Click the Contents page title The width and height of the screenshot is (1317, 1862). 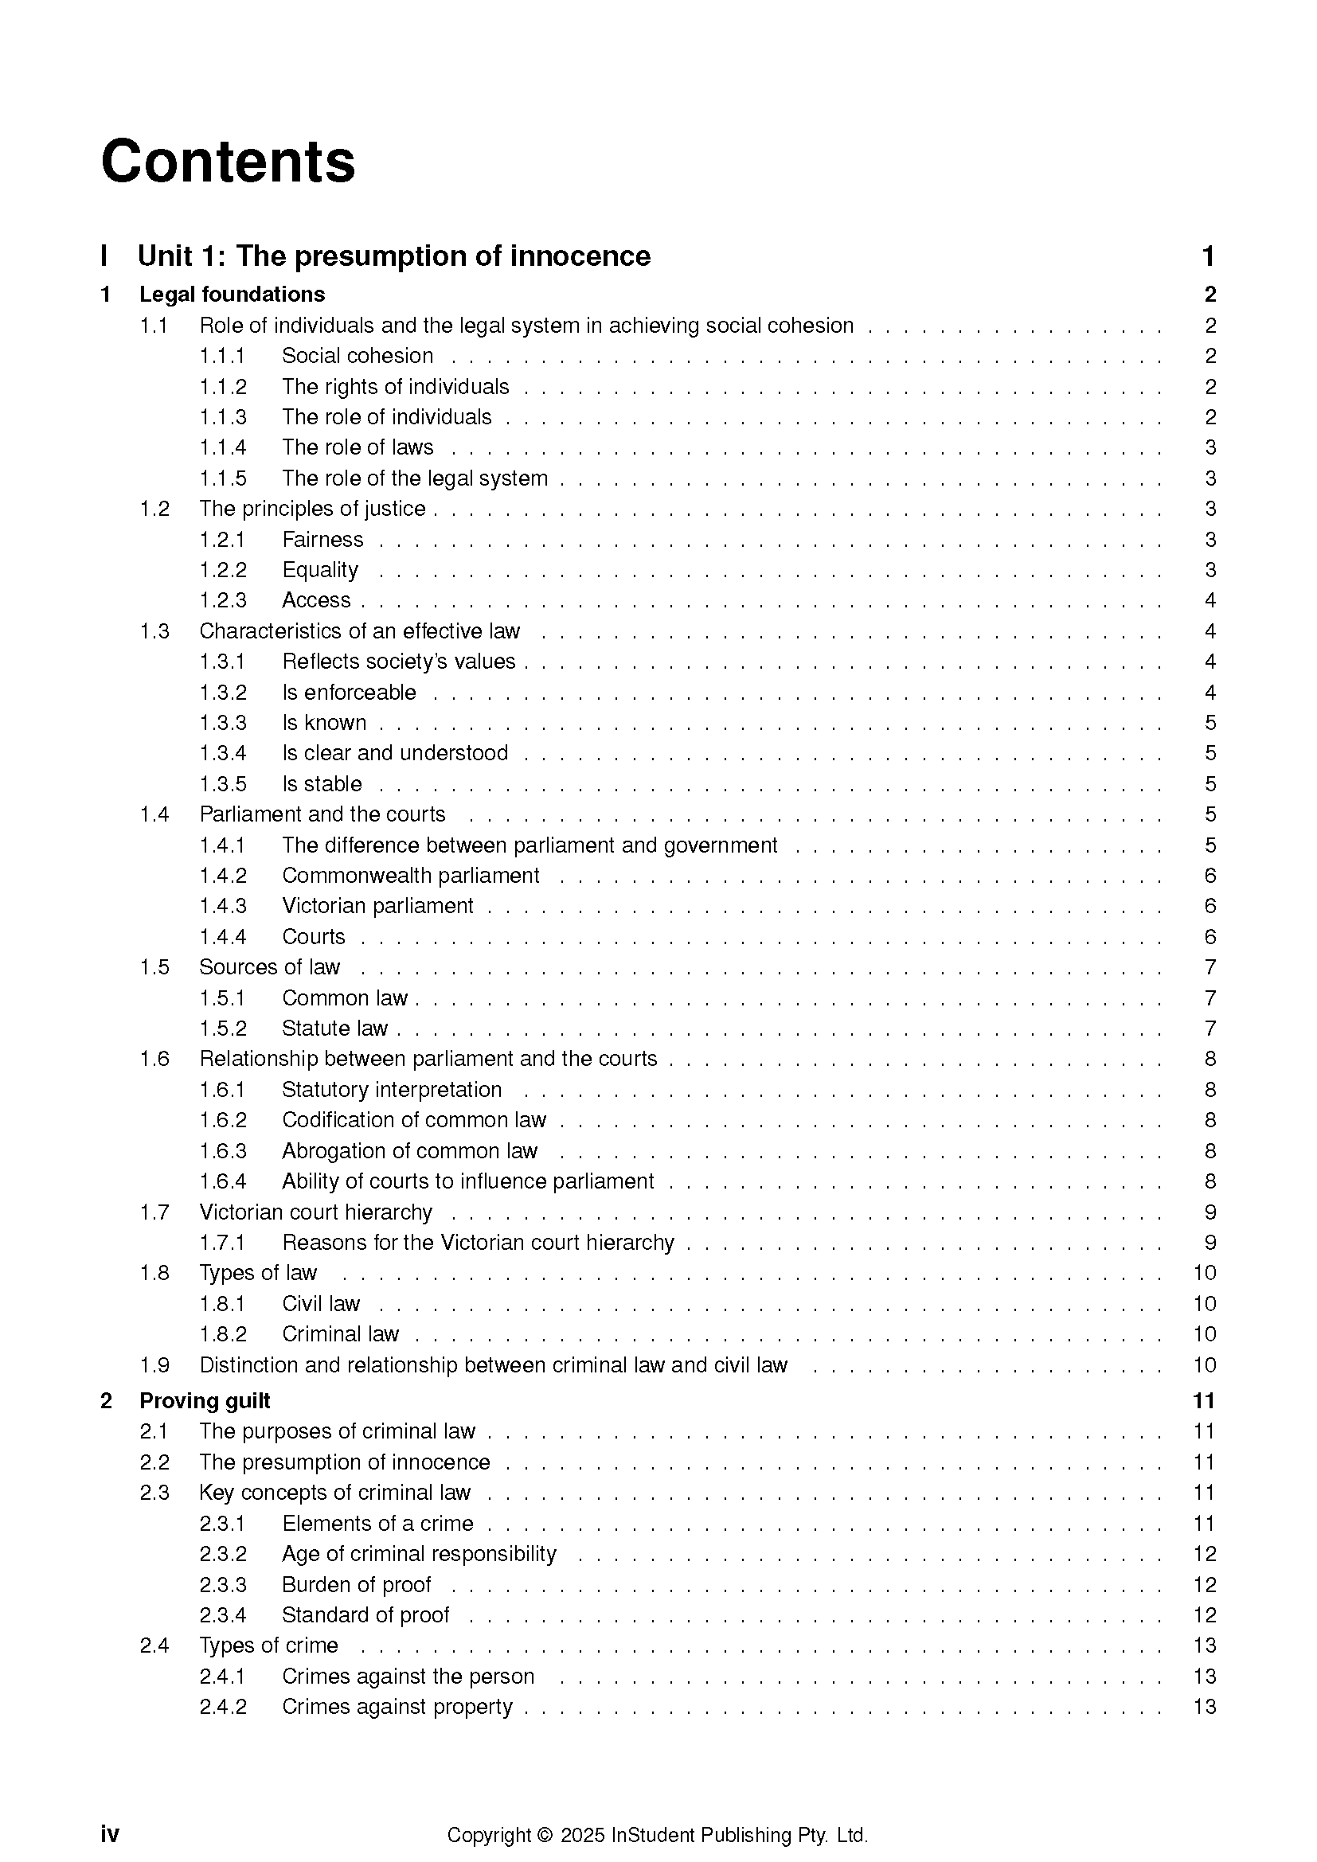tap(228, 162)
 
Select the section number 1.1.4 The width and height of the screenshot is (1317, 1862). tap(223, 447)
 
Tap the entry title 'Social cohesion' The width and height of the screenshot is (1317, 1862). tap(357, 356)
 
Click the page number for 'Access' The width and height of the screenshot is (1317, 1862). tap(1210, 601)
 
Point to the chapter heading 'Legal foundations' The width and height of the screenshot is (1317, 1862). tap(232, 295)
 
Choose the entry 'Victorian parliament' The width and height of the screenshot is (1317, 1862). tap(377, 906)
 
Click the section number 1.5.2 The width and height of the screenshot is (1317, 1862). tap(223, 1029)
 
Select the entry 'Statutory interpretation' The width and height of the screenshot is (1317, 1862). tap(392, 1090)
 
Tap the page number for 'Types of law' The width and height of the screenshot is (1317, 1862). tap(1204, 1273)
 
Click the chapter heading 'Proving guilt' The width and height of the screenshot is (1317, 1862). tap(205, 1400)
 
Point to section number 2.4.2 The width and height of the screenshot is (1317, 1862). tap(223, 1706)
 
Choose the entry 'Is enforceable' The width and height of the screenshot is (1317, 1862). tap(349, 693)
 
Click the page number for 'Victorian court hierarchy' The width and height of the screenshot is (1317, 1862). tap(1210, 1212)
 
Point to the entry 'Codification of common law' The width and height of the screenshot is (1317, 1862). tap(413, 1120)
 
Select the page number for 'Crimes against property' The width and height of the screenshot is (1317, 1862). tap(1204, 1706)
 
